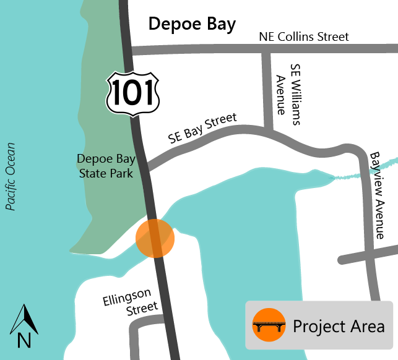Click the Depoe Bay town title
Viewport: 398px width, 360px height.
click(192, 24)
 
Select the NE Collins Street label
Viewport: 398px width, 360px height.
click(303, 37)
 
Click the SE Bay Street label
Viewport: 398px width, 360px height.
click(203, 129)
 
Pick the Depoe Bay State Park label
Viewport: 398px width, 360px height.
click(105, 166)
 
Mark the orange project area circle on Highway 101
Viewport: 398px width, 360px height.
click(155, 238)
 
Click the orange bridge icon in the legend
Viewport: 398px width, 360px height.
click(269, 325)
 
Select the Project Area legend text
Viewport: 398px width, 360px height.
click(339, 326)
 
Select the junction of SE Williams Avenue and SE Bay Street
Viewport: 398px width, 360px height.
click(268, 131)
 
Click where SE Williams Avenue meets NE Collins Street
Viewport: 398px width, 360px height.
click(267, 49)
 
